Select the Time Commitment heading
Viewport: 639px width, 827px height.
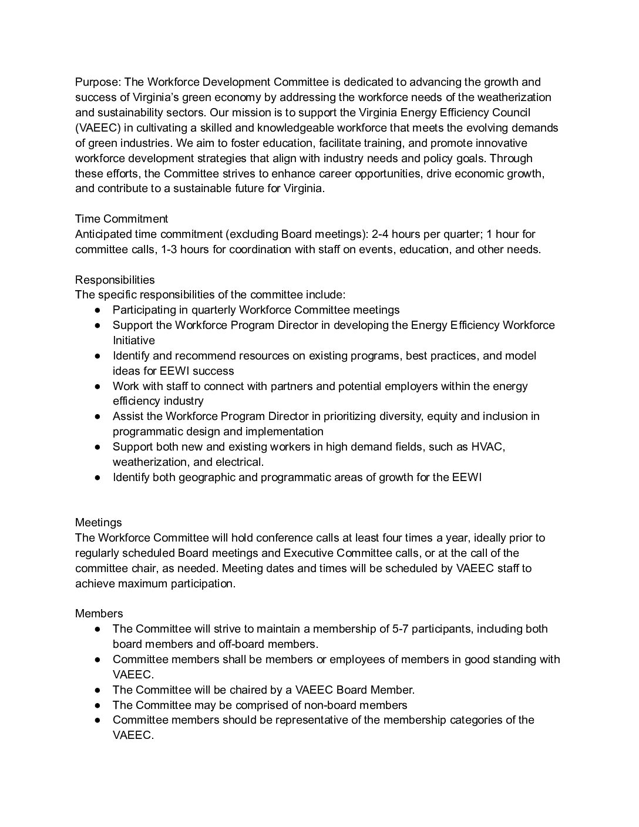122,219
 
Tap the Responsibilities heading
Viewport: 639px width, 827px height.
115,280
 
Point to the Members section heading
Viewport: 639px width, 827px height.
99,614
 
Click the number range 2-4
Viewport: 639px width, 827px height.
383,234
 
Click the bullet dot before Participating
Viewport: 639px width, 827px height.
98,310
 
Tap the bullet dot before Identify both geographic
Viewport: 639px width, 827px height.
98,478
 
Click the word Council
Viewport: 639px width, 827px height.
510,113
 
